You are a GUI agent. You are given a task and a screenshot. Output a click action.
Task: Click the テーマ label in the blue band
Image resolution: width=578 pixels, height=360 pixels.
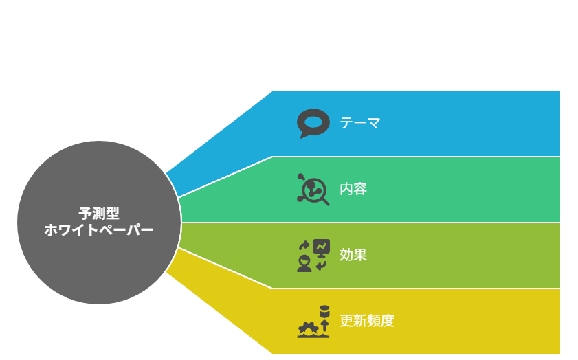(x=359, y=123)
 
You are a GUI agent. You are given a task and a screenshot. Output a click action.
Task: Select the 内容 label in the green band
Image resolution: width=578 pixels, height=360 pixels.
(x=353, y=189)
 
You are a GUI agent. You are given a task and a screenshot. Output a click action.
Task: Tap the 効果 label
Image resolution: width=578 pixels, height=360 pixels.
(x=353, y=255)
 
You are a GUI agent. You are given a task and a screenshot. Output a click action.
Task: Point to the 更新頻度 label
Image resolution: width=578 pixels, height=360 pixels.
(x=367, y=321)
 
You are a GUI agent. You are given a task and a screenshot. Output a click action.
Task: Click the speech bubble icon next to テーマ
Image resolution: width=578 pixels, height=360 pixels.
(x=313, y=124)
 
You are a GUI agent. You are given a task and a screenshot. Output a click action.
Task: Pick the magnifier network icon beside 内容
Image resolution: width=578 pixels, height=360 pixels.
(x=313, y=190)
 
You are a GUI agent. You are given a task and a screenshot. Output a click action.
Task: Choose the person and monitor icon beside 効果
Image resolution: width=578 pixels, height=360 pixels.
(x=313, y=256)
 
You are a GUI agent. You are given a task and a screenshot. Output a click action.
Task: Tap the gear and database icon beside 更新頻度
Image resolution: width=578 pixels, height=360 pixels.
(x=313, y=322)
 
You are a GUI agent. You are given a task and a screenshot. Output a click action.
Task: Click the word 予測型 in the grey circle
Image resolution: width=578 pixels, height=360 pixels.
(x=99, y=214)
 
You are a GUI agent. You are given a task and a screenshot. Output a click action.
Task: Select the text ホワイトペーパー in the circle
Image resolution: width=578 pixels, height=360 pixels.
(x=99, y=230)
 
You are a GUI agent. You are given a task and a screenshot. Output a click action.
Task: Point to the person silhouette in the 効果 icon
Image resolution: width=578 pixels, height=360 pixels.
(x=304, y=265)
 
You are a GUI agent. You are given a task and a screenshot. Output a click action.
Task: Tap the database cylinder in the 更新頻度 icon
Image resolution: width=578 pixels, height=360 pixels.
(x=324, y=311)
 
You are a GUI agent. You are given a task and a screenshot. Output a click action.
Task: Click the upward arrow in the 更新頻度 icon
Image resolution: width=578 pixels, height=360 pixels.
(x=324, y=326)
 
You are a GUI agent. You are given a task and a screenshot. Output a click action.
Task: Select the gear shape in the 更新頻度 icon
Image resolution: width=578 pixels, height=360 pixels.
(x=309, y=328)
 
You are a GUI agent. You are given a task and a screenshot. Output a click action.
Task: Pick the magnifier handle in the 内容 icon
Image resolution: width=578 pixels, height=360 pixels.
(x=326, y=201)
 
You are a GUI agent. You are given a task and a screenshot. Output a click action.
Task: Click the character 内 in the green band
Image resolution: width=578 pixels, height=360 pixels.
(x=346, y=189)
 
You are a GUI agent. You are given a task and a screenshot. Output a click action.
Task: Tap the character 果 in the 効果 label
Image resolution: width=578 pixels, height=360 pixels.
(x=360, y=255)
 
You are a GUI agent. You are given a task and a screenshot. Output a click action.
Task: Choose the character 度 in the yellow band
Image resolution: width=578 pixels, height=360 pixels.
(x=388, y=321)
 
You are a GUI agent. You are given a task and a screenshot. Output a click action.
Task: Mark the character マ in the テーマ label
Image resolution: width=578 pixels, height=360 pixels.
(x=373, y=123)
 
